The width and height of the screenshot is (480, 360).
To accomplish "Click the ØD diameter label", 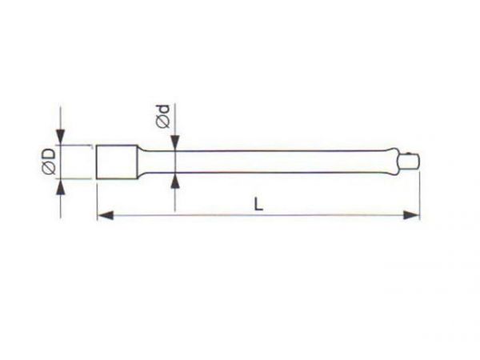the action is click(x=49, y=161).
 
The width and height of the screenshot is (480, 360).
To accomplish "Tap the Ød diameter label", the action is click(x=162, y=116).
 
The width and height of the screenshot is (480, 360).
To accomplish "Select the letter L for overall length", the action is click(x=258, y=204).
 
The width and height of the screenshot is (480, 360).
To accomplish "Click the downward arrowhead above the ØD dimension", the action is click(x=61, y=137).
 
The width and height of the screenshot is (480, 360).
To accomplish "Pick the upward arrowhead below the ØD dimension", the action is click(x=61, y=186).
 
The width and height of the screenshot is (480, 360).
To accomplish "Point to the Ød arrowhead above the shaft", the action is click(x=174, y=143).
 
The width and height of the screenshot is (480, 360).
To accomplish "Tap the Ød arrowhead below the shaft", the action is click(x=174, y=181).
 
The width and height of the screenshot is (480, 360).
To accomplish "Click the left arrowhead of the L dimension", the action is click(x=106, y=215).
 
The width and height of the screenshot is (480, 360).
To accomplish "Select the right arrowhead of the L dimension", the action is click(x=411, y=215).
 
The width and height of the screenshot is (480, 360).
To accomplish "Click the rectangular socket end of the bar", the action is click(x=117, y=162).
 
